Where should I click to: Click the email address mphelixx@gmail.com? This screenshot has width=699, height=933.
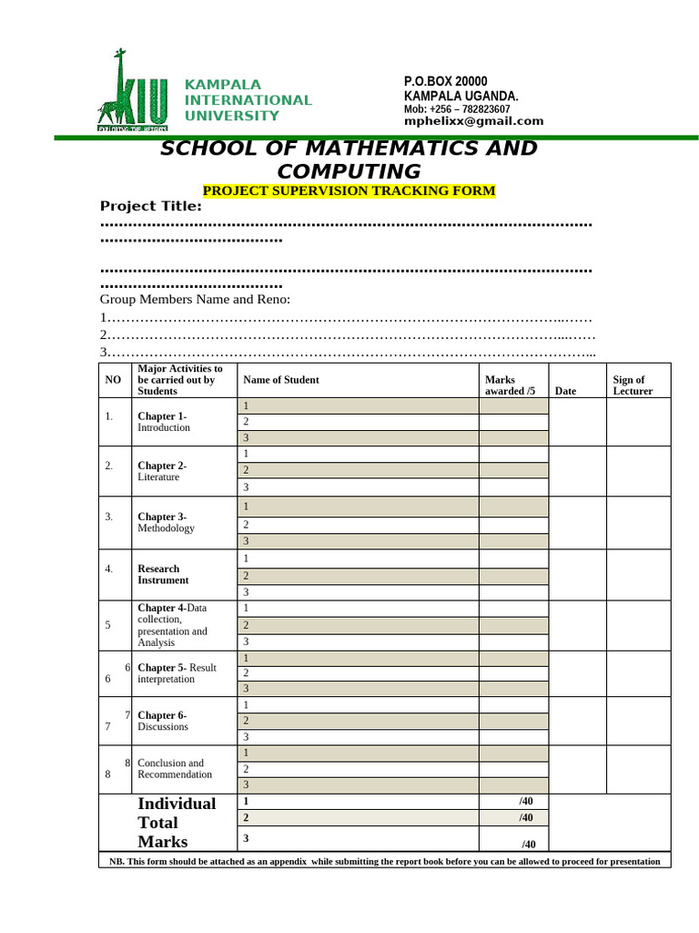[x=473, y=121]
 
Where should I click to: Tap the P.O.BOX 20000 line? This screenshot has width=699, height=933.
[x=446, y=82]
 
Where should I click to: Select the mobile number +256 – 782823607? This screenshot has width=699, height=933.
[x=457, y=109]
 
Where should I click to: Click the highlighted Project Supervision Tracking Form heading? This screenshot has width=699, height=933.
[x=349, y=190]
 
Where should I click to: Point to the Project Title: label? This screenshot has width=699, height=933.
[x=150, y=206]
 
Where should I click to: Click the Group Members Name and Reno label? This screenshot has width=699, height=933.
[x=195, y=299]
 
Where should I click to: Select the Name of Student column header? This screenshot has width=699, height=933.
[x=281, y=380]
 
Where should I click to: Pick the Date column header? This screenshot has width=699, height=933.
[x=565, y=391]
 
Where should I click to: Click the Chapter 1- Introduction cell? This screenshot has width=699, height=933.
[x=164, y=422]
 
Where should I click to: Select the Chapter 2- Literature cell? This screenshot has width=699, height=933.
[x=161, y=471]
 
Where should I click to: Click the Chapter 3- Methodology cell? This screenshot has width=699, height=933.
[x=166, y=522]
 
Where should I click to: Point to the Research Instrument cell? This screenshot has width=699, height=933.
[x=163, y=574]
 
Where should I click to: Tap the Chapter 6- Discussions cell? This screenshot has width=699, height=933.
[x=163, y=721]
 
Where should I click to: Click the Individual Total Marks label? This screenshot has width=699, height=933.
[x=177, y=822]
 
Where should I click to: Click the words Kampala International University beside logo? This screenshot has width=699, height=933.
[x=248, y=100]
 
